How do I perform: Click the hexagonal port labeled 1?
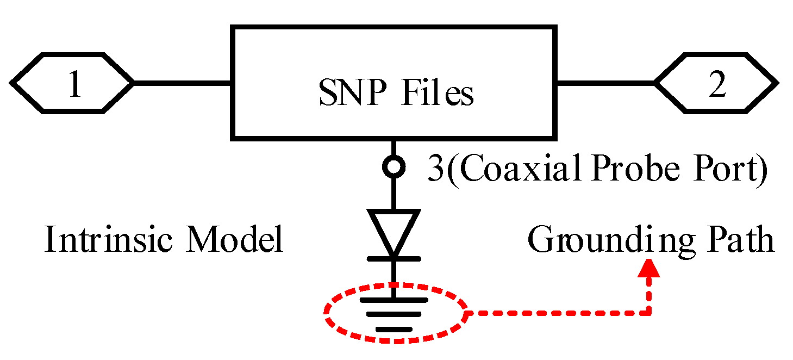[72, 83]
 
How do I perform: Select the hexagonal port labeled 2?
[716, 83]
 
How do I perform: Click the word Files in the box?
[438, 94]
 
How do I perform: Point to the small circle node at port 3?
[394, 167]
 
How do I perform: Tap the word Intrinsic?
[109, 240]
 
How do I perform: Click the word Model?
[234, 240]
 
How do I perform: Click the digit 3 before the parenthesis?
[435, 170]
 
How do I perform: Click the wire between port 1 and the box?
[182, 83]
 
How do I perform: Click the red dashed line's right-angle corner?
[649, 313]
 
